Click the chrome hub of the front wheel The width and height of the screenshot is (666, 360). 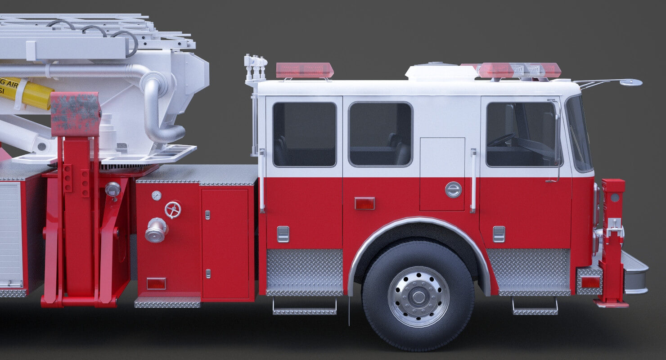(418, 297)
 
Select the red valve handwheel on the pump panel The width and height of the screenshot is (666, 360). (173, 210)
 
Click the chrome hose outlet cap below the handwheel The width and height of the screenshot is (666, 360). (156, 230)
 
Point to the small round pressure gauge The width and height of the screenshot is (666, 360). (156, 195)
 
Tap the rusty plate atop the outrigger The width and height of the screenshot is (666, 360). (75, 114)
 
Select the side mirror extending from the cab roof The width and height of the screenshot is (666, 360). (630, 82)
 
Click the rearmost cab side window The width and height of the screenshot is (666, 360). (304, 135)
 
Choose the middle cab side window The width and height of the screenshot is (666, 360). (380, 134)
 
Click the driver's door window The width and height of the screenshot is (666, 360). (521, 134)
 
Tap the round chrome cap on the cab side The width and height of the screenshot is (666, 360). (453, 189)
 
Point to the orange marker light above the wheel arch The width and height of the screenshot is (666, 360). (364, 203)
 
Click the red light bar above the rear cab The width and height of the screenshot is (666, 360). (305, 70)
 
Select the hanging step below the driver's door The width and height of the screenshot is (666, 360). (535, 308)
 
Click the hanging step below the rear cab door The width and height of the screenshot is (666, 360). (304, 308)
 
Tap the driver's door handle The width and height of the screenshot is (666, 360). (499, 234)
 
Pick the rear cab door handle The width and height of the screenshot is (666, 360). (283, 234)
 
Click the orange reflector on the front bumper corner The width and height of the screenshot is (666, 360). (590, 282)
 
